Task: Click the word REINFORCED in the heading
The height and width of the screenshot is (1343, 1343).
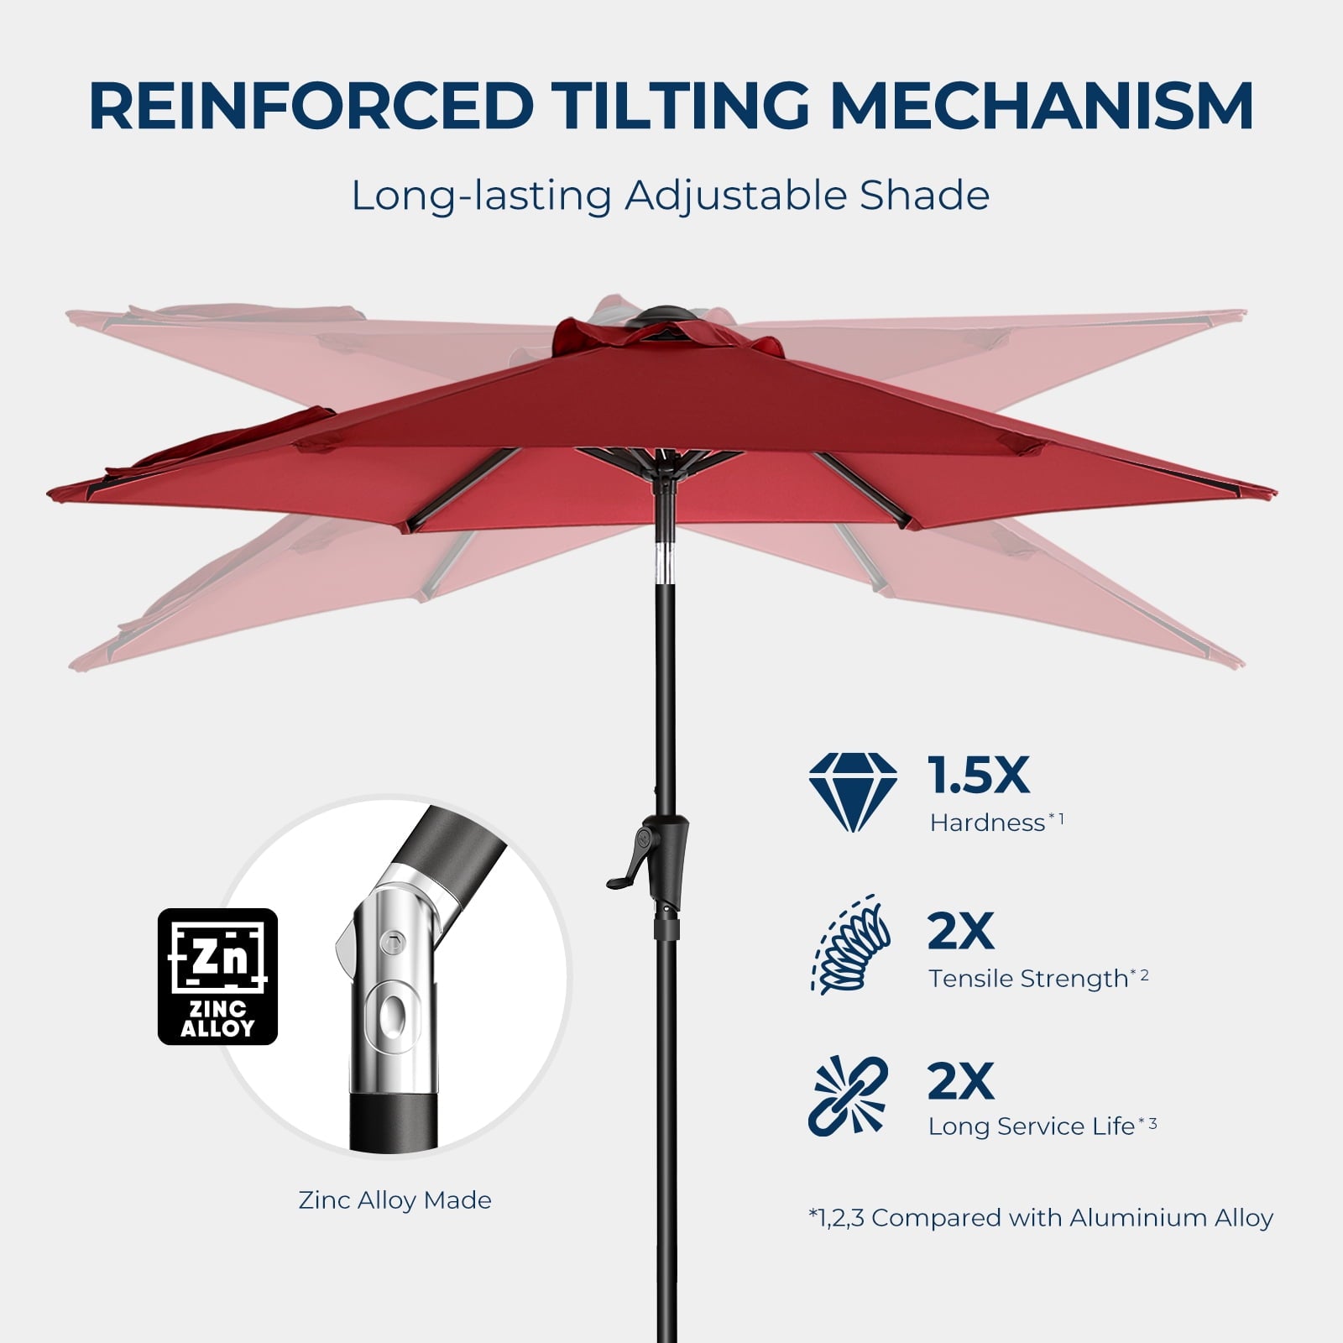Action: click(311, 106)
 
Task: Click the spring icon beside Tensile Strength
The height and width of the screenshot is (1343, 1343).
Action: click(850, 944)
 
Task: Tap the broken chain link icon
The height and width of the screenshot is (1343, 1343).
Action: click(849, 1095)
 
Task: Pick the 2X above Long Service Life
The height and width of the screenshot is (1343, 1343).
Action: click(961, 1081)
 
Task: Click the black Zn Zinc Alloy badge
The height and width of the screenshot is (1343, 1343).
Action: click(217, 976)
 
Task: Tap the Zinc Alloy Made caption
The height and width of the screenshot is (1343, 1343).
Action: click(395, 1200)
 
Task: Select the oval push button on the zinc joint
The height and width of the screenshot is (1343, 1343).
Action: click(391, 1016)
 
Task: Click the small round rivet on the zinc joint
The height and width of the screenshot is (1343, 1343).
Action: click(388, 943)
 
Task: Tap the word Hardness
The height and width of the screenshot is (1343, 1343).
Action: click(987, 823)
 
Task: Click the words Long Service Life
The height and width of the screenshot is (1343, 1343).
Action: click(1032, 1126)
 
